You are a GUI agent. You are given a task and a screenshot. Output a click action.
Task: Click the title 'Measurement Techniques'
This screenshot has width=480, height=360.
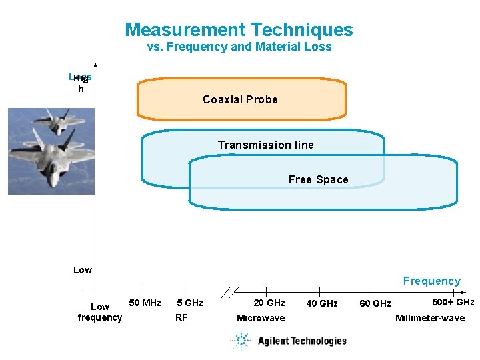pos(239,30)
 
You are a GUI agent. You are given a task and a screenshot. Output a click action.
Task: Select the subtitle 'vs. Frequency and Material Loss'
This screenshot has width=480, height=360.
pos(239,47)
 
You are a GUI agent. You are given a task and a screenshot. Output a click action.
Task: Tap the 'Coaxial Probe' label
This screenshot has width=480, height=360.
pos(240,99)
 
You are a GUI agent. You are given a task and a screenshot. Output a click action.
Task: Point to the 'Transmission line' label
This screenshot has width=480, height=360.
pos(265,145)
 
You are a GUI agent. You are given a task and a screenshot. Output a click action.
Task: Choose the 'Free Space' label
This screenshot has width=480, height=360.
pos(318,179)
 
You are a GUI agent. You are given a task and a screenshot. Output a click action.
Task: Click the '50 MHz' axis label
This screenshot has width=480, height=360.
pos(144,303)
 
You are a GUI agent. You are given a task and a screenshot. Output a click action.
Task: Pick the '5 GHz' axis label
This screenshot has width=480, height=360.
pos(189,303)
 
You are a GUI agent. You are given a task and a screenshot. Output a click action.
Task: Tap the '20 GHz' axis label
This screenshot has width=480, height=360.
pos(269,303)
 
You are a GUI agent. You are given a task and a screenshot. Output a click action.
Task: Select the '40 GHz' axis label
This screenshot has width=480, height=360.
pos(321,304)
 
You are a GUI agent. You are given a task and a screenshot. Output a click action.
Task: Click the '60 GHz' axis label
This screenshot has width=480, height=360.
pos(375,304)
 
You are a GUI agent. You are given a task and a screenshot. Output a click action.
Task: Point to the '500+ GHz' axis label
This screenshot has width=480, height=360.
pos(453,302)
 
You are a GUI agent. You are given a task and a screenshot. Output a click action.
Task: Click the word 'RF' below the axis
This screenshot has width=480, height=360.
pos(181,317)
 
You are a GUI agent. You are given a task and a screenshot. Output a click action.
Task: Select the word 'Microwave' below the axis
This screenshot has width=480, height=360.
pos(261,318)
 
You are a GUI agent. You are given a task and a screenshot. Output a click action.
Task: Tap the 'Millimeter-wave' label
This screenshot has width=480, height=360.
pos(430,318)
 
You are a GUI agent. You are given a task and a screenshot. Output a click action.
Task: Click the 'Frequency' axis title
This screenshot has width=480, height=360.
pos(431,281)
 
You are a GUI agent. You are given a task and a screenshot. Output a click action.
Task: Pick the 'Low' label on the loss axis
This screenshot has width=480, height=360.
pos(83,270)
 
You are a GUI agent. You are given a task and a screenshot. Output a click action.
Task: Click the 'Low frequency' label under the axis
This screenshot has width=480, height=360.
pos(100,312)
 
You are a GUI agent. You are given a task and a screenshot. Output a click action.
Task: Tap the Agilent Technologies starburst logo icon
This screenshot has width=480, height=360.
pos(241,341)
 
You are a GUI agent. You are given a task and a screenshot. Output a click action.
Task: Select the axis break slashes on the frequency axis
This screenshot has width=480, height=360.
pos(229,292)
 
